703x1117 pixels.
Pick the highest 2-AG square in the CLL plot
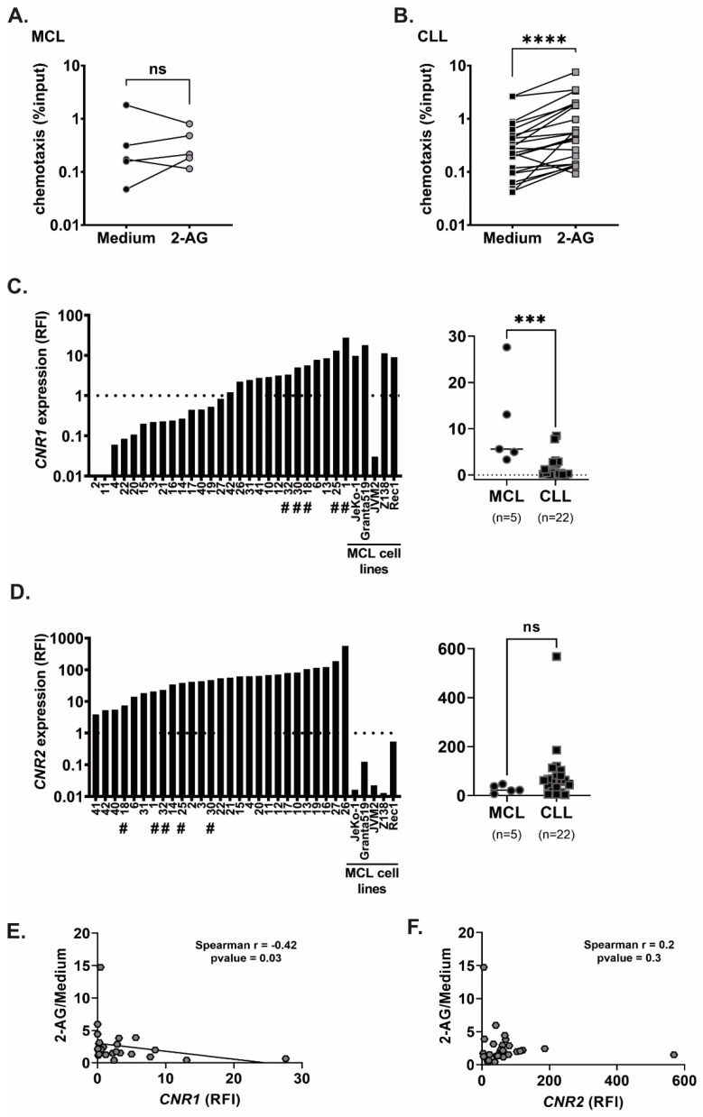coord(575,72)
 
